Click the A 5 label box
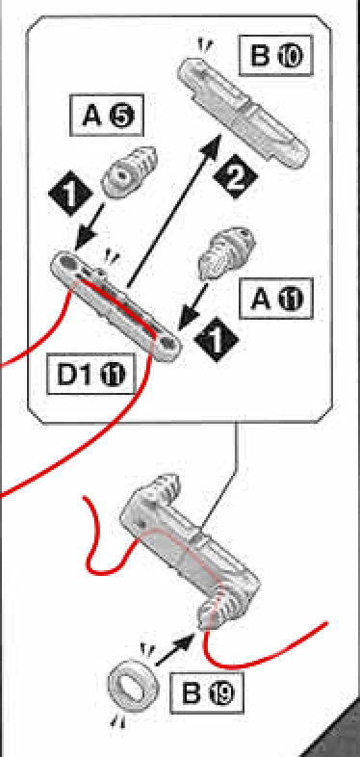click(x=107, y=115)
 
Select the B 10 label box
click(x=275, y=55)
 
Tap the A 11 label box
click(x=276, y=299)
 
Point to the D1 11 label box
click(x=90, y=373)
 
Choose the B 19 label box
click(x=207, y=692)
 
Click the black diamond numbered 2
click(x=234, y=177)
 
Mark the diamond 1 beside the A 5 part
click(x=70, y=194)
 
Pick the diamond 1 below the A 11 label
click(x=216, y=340)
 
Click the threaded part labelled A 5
click(x=128, y=171)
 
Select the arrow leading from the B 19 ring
click(x=175, y=650)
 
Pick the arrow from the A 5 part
click(x=90, y=226)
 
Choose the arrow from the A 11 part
click(x=193, y=306)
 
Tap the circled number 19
click(x=221, y=692)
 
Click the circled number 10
click(x=290, y=56)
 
